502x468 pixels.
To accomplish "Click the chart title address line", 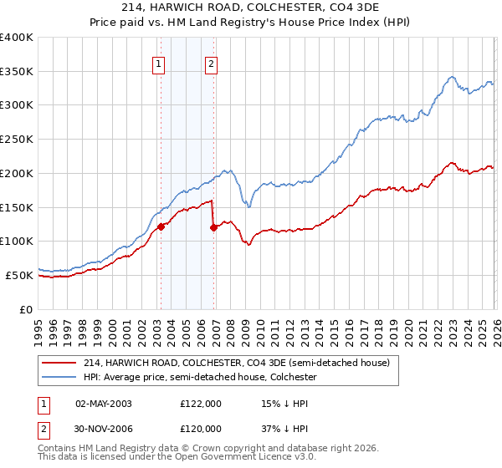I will point(251,8).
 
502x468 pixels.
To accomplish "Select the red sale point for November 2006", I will point(214,226).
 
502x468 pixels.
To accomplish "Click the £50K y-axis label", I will point(18,275).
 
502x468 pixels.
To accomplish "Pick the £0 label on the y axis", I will point(27,309).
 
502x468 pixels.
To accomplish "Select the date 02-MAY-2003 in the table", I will point(104,404).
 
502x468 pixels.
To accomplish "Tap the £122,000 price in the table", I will point(201,404).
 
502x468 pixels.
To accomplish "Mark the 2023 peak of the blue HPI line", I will point(452,77).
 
